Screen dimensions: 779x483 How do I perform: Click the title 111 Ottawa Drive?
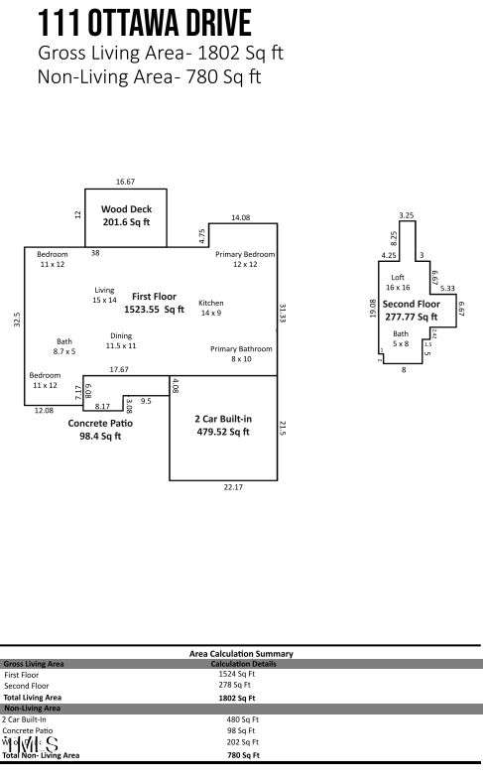(x=144, y=24)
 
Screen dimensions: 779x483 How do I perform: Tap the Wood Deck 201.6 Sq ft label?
(x=125, y=216)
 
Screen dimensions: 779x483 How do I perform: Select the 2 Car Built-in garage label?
(x=223, y=426)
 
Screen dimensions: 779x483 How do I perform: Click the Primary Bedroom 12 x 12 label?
(x=245, y=259)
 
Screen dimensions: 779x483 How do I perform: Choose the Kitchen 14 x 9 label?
(x=211, y=308)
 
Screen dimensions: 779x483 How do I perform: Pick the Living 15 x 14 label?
(x=104, y=295)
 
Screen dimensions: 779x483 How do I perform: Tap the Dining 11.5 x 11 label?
(x=120, y=340)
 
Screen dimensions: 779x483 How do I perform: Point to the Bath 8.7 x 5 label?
(x=64, y=346)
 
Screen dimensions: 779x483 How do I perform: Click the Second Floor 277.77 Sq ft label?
(x=411, y=310)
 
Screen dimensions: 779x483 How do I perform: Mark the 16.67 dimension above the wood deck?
(x=125, y=183)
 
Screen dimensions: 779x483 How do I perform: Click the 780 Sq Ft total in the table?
(x=243, y=755)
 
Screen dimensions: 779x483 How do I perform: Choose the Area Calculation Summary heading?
(x=241, y=653)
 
